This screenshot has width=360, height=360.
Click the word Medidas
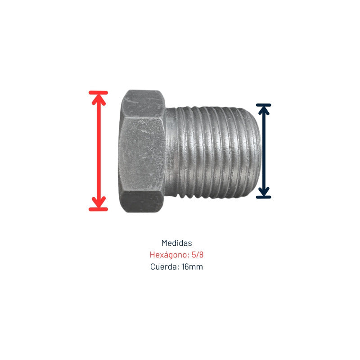pyautogui.click(x=176, y=243)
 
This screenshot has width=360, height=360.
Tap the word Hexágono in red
pyautogui.click(x=169, y=255)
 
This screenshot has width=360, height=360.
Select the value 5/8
pyautogui.click(x=198, y=255)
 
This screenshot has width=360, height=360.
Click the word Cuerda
pyautogui.click(x=164, y=267)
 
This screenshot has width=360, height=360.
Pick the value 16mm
pyautogui.click(x=192, y=267)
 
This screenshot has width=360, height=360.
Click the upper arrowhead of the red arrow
pyautogui.click(x=99, y=99)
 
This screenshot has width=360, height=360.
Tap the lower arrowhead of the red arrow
pyautogui.click(x=99, y=202)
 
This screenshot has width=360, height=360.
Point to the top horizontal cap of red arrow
pyautogui.click(x=98, y=93)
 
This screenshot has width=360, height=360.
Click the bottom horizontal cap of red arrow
pyautogui.click(x=98, y=209)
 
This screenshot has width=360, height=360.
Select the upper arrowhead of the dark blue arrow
pyautogui.click(x=264, y=110)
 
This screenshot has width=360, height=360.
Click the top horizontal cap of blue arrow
pyautogui.click(x=264, y=105)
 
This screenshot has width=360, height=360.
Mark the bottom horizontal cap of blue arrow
pyautogui.click(x=264, y=197)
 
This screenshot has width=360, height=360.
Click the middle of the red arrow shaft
pyautogui.click(x=99, y=151)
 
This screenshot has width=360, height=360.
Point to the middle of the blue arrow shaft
pyautogui.click(x=264, y=151)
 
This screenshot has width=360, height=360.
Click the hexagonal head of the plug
pyautogui.click(x=142, y=151)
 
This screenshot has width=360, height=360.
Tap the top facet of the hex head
pyautogui.click(x=142, y=103)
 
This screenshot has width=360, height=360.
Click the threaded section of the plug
pyautogui.click(x=213, y=152)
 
